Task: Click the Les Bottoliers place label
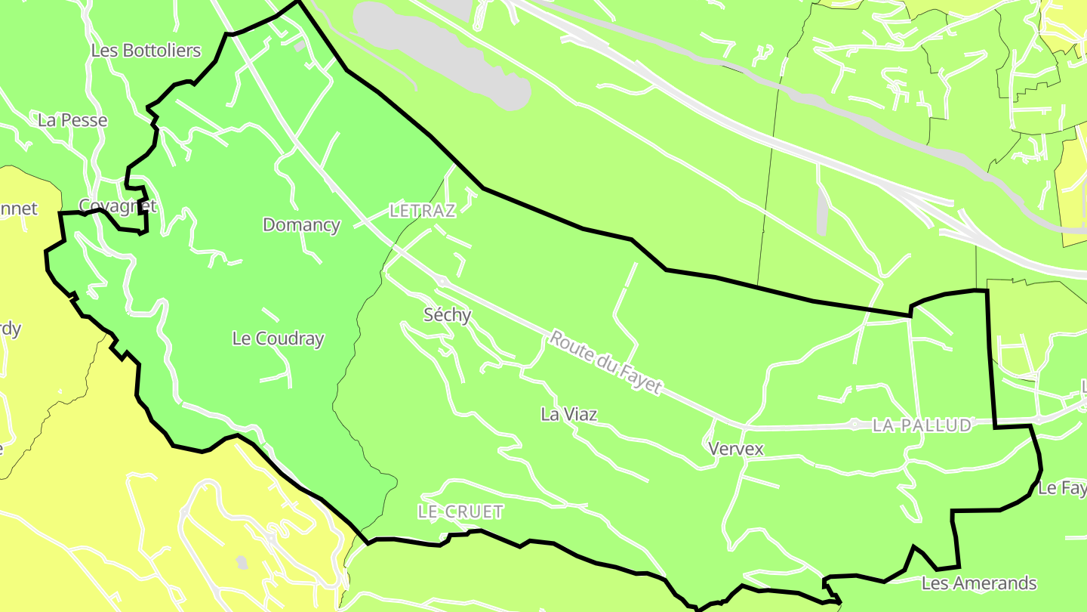pos(146,51)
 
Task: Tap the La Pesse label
pos(72,120)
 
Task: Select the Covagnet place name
pos(118,206)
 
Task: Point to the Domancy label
pos(301,224)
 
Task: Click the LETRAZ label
pos(423,211)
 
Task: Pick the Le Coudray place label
pos(278,338)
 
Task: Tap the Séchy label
pos(448,315)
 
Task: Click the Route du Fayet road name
pos(605,363)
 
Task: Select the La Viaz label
pos(569,414)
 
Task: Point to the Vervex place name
pos(736,449)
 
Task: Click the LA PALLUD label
pos(922,425)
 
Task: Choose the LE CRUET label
pos(460,512)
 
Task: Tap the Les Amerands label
pos(979,583)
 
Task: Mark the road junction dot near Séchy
pos(442,281)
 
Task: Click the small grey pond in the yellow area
pos(241,562)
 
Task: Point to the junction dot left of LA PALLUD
pos(855,425)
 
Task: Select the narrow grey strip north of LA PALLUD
pos(822,211)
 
